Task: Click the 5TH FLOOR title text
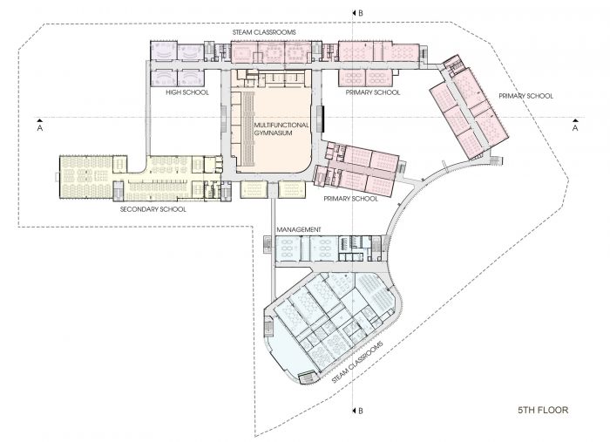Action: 543,410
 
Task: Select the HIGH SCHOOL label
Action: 187,92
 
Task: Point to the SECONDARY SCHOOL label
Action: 152,209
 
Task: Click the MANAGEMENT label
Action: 299,229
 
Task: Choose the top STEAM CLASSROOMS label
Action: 264,32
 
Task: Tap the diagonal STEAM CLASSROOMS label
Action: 357,363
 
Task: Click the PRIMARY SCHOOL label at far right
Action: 525,96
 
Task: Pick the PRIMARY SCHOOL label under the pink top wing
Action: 373,92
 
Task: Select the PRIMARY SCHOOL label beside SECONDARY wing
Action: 350,199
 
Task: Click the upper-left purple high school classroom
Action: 164,51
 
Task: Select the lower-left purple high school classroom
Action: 164,78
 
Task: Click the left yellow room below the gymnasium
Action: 254,189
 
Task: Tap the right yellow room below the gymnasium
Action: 292,189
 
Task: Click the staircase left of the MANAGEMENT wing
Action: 268,245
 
